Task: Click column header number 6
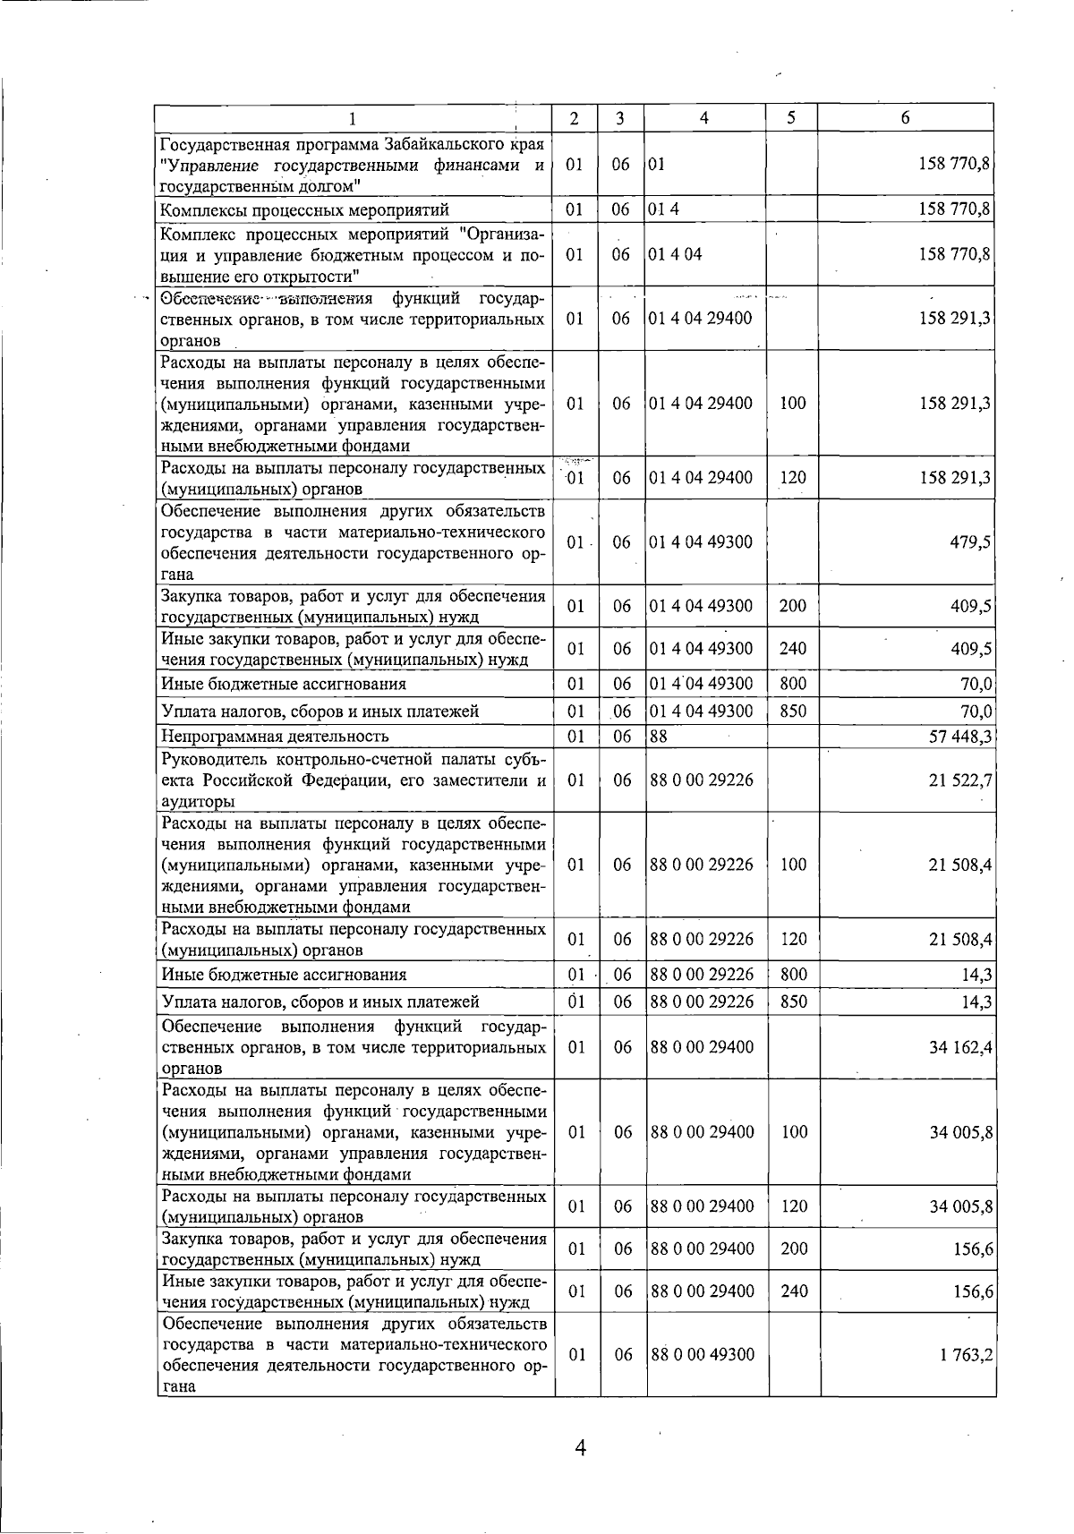point(906,118)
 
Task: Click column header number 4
point(704,118)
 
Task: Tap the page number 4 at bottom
point(580,1448)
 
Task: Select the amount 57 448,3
point(959,737)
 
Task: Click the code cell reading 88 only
point(659,737)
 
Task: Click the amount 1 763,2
point(965,1355)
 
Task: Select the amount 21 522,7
point(959,780)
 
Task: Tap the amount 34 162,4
point(959,1047)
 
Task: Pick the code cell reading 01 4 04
point(676,254)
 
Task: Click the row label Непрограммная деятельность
point(274,737)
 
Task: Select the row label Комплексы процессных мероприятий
point(304,210)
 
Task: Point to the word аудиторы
point(198,802)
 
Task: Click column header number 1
point(353,118)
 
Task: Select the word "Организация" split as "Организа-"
point(501,234)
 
